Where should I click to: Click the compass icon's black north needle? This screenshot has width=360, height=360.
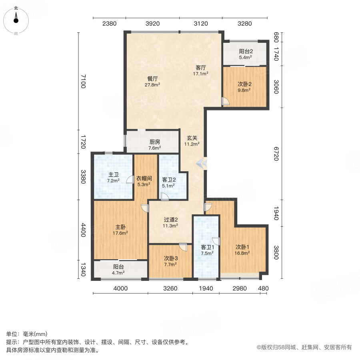pos(16,18)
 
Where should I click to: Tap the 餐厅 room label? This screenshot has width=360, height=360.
pos(152,79)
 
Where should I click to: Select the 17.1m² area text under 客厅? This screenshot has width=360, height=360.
pos(200,74)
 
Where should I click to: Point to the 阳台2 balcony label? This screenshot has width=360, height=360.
pos(246,51)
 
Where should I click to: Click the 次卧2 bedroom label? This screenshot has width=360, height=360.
pos(244,84)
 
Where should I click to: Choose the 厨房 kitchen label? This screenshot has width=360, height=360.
pos(155,142)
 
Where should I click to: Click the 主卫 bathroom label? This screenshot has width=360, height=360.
pos(114,175)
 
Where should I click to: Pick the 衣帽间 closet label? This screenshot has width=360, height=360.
pos(144,178)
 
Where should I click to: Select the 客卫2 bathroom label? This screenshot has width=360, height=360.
pos(169,180)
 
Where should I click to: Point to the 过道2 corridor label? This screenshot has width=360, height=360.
pos(170,220)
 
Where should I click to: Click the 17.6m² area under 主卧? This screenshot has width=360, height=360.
pos(120,233)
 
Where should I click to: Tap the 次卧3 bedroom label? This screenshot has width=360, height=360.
pos(170,258)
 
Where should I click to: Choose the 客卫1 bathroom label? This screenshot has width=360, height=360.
pos(207,247)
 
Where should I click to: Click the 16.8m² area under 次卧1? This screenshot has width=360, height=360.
pos(242,253)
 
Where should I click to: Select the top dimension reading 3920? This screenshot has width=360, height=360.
pos(152,24)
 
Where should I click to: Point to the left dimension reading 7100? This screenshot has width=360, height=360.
pos(83,81)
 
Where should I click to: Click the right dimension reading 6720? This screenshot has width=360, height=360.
pos(276,154)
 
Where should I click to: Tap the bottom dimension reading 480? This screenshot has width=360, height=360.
pos(263,288)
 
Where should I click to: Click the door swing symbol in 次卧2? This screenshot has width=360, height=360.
pos(225,101)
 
